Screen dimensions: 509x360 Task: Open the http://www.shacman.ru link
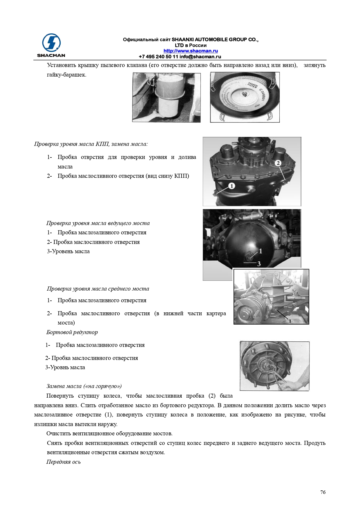point(191,51)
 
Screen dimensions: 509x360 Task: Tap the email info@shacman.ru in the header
point(200,57)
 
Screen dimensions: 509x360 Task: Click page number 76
point(323,492)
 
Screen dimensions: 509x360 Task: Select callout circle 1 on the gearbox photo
point(231,186)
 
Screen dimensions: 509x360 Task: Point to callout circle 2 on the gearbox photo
point(278,163)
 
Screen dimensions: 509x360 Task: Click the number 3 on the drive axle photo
point(259,264)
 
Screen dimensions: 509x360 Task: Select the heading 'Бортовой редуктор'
point(72,332)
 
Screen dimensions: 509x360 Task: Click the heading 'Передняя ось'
point(63,462)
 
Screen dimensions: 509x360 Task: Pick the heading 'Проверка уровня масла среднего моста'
point(98,289)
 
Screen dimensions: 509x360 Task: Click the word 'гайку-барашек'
point(66,75)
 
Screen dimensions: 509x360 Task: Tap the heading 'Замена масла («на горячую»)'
point(84,386)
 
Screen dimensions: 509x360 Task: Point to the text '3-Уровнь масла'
point(65,367)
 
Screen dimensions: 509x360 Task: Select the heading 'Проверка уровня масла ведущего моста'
point(98,223)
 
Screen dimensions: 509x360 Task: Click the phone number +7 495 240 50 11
point(158,57)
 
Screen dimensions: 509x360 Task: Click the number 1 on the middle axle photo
point(290,321)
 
